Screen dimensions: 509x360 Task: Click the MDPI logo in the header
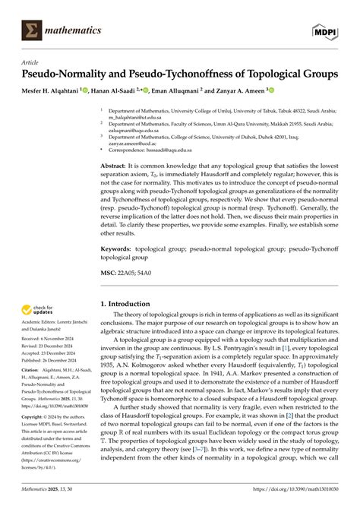(x=327, y=30)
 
